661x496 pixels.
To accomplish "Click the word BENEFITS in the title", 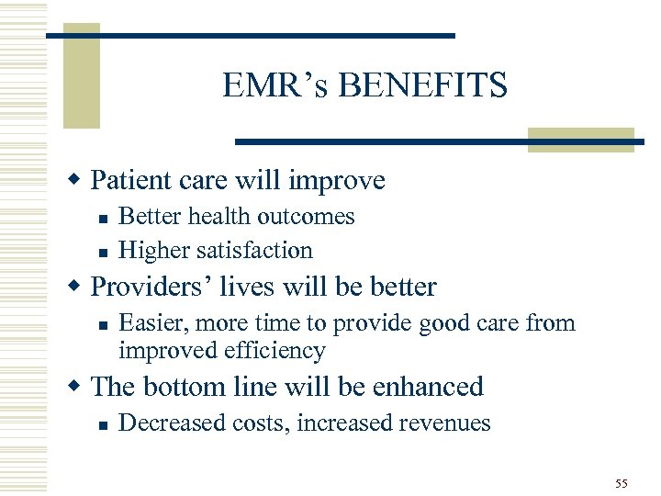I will [422, 85].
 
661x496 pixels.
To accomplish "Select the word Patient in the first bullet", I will [127, 180].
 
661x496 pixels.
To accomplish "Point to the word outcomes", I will [308, 217].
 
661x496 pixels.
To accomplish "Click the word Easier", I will [149, 323].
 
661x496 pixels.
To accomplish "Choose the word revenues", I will [446, 423].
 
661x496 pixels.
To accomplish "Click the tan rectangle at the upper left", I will [81, 78].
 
